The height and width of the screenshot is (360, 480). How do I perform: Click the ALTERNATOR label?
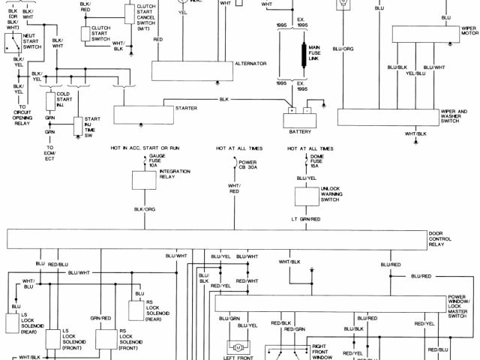pos(250,65)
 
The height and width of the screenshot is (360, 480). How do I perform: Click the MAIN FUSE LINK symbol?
pos(306,56)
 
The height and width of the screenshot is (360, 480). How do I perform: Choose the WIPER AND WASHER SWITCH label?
pos(453,115)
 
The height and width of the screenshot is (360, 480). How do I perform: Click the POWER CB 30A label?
pos(247,164)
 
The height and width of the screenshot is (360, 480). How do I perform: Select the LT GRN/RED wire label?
pos(306,219)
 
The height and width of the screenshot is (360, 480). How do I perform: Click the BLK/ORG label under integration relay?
pos(144,209)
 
